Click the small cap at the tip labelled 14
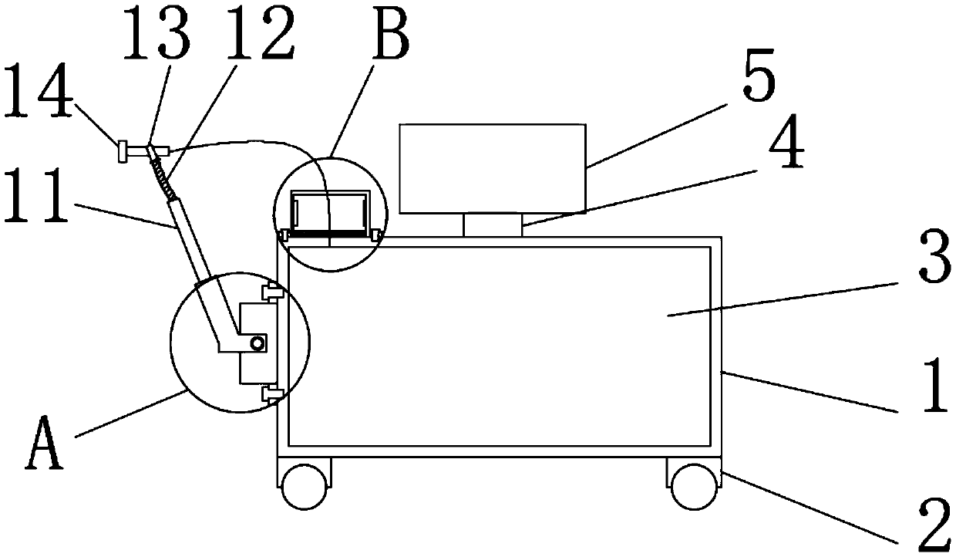coord(122,152)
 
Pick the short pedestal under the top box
coord(493,225)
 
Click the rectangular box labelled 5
coord(492,168)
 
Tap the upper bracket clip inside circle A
coord(271,292)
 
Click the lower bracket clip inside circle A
coord(271,394)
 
